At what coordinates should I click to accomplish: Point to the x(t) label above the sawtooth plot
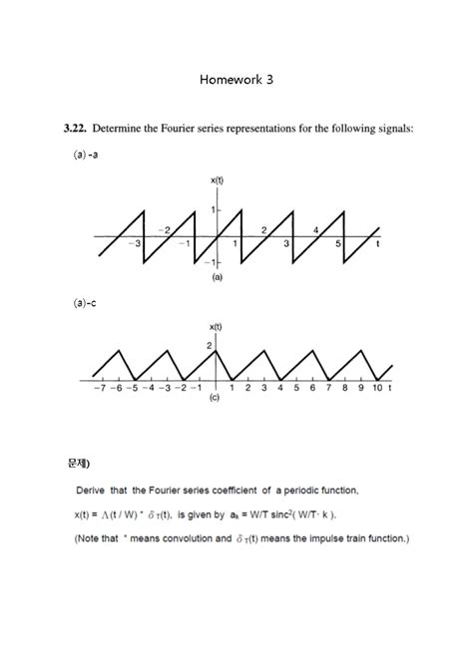click(x=217, y=179)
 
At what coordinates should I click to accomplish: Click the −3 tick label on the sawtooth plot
click(x=137, y=244)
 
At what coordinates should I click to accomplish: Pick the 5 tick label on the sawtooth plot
click(x=338, y=244)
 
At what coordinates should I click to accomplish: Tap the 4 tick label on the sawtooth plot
click(x=315, y=230)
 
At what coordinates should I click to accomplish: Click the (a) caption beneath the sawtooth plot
click(x=217, y=278)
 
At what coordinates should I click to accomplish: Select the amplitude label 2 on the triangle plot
click(x=210, y=345)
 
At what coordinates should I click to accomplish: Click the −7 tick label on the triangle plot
click(x=99, y=389)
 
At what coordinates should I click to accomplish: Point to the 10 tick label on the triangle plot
click(x=377, y=389)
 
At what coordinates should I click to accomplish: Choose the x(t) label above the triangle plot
click(x=216, y=327)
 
